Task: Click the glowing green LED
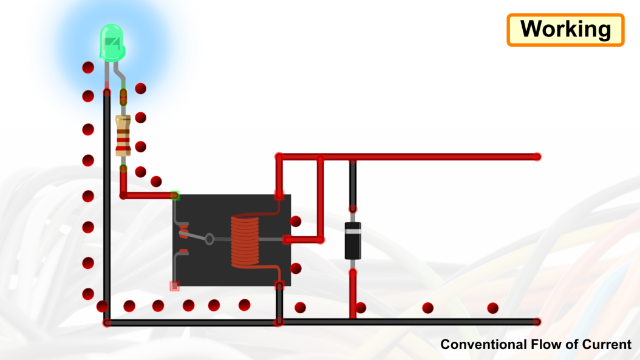click(111, 42)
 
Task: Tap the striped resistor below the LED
click(123, 136)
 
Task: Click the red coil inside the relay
click(245, 241)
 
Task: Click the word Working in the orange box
click(565, 30)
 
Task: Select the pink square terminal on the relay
click(174, 286)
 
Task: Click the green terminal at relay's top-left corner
click(175, 195)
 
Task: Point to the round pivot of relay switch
click(209, 239)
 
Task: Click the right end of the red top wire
click(537, 157)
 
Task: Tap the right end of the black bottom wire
click(537, 322)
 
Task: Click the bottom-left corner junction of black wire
click(107, 322)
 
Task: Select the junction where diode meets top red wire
click(353, 157)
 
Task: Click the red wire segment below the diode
click(353, 294)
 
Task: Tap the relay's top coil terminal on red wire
click(279, 195)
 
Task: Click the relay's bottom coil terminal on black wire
click(279, 286)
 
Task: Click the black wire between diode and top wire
click(353, 182)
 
